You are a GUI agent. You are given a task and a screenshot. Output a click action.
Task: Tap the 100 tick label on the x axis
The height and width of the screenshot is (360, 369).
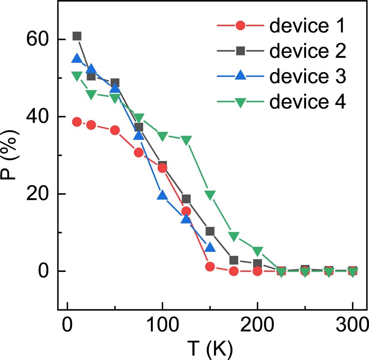[x=162, y=327]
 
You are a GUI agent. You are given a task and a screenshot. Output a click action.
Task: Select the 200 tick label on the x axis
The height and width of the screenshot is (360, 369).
[x=257, y=327]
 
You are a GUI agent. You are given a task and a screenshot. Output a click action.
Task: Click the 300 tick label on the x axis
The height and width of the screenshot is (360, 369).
[x=352, y=327]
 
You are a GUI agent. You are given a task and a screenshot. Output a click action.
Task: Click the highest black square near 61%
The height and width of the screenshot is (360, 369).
[x=77, y=36]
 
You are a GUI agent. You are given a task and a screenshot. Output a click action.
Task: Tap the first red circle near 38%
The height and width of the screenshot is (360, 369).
[x=77, y=122]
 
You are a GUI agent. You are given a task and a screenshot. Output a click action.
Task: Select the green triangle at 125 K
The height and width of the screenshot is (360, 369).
[x=186, y=140]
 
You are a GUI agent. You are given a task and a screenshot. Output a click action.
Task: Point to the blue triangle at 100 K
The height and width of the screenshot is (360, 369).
[x=162, y=195]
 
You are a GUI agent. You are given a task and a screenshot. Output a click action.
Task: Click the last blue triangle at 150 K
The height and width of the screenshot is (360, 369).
[x=210, y=247]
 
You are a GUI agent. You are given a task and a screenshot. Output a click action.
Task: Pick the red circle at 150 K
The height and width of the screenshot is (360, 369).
[x=210, y=266]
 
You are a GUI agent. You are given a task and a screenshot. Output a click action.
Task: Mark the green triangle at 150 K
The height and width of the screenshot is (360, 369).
[x=210, y=195]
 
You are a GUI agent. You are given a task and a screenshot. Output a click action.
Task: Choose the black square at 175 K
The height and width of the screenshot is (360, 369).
[x=234, y=260]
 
